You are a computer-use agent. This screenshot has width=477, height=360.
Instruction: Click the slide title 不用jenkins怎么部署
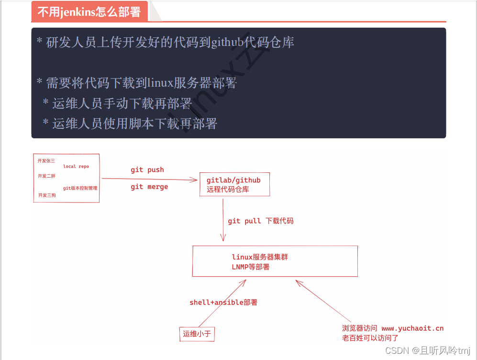(x=89, y=12)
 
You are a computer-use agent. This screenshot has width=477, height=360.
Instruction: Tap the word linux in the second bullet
(x=161, y=83)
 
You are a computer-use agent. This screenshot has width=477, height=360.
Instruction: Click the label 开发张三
(x=46, y=161)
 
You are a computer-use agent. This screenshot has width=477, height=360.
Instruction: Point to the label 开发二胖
(x=46, y=176)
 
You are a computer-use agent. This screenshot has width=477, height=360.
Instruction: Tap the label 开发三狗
(x=47, y=195)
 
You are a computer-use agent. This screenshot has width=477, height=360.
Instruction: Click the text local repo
(x=76, y=167)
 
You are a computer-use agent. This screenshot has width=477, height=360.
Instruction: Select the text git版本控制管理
(x=80, y=188)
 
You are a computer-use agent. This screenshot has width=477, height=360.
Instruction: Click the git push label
(x=147, y=170)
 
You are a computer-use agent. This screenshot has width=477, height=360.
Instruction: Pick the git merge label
(x=149, y=187)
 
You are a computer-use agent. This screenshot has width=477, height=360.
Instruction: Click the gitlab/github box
(x=234, y=184)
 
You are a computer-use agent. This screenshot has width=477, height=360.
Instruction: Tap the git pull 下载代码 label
(x=260, y=221)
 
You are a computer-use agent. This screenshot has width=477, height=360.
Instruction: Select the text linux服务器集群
(x=260, y=257)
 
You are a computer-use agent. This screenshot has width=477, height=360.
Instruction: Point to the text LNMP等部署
(x=251, y=267)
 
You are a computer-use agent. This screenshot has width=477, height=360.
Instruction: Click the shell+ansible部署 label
(x=223, y=303)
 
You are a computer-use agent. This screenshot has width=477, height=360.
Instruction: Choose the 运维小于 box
(x=197, y=334)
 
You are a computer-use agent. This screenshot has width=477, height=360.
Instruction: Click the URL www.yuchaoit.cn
(x=412, y=328)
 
